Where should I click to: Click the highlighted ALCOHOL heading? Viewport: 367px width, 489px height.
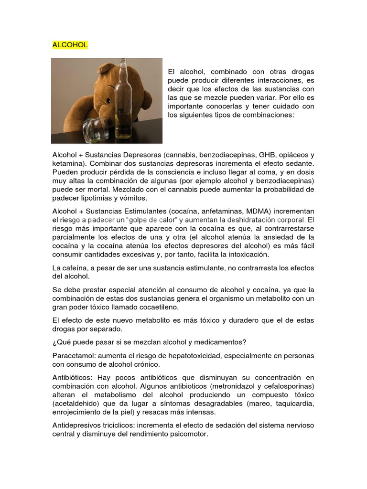pos(70,45)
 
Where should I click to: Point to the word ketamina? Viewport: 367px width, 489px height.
pos(67,163)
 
